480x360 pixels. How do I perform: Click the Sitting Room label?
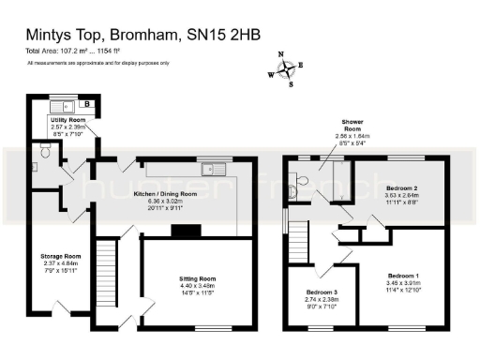coord(198,278)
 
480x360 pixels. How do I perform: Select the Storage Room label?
coord(60,255)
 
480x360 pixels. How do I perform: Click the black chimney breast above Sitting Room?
coord(188,231)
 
